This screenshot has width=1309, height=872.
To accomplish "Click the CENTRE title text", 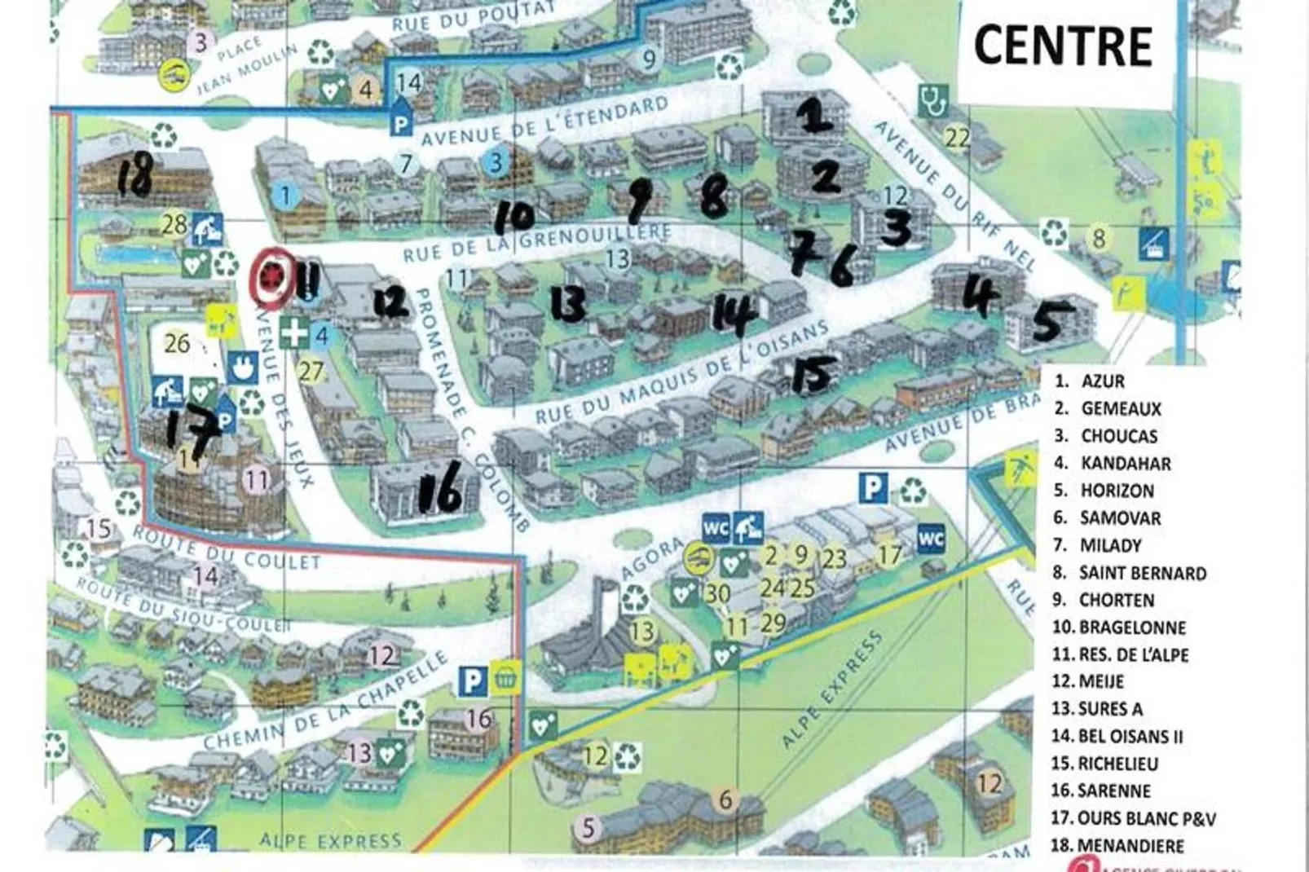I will pyautogui.click(x=1063, y=45).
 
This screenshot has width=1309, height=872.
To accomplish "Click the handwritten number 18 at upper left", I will pyautogui.click(x=134, y=176).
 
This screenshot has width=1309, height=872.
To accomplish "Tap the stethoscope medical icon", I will pyautogui.click(x=933, y=101).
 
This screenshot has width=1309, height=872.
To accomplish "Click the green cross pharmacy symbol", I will pyautogui.click(x=294, y=333).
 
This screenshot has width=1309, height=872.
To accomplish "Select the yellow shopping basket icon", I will pyautogui.click(x=506, y=678).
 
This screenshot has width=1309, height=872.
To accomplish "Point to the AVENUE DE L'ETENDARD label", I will pyautogui.click(x=544, y=121).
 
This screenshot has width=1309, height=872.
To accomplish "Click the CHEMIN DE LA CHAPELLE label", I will pyautogui.click(x=326, y=702).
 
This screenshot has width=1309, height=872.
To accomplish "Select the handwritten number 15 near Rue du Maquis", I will pyautogui.click(x=813, y=373).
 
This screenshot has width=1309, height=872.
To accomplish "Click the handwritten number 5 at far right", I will pyautogui.click(x=1048, y=321).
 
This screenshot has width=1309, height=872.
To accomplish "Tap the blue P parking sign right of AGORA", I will pyautogui.click(x=872, y=488).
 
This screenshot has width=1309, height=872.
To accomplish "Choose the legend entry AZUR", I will pyautogui.click(x=1102, y=381).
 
